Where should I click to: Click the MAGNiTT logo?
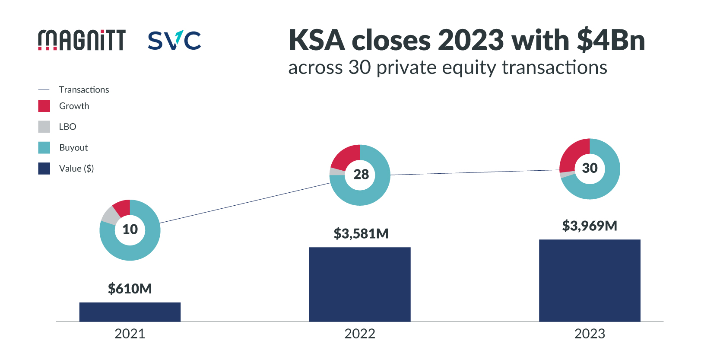click(x=82, y=40)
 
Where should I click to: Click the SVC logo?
click(x=174, y=40)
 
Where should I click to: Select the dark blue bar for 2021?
click(x=130, y=312)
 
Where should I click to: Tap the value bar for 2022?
click(x=360, y=284)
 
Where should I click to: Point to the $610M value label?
click(x=130, y=288)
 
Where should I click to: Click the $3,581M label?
click(x=361, y=233)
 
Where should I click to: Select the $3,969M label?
click(x=590, y=226)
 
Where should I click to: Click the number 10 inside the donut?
click(x=130, y=229)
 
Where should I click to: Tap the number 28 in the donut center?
click(x=361, y=174)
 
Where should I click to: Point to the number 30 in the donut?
click(x=590, y=168)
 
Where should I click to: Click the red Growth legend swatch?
click(x=44, y=106)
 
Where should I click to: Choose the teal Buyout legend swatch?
click(x=44, y=147)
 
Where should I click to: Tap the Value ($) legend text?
click(x=76, y=169)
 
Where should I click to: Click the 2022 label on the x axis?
click(x=360, y=334)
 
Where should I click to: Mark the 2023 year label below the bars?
click(x=590, y=334)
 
